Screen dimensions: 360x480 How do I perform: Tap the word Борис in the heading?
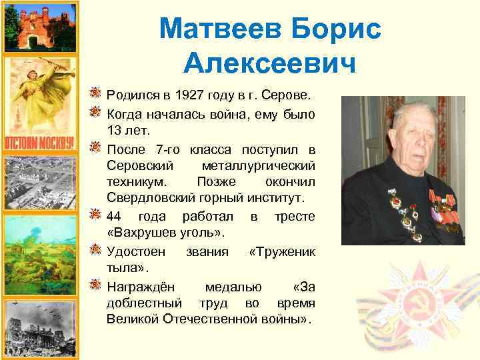[339, 29]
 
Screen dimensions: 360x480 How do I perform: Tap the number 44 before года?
[114, 216]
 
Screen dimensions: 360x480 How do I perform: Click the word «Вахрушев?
[139, 233]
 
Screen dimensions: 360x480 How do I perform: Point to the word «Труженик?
[281, 251]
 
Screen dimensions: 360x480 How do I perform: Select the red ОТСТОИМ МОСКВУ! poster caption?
[31, 143]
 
